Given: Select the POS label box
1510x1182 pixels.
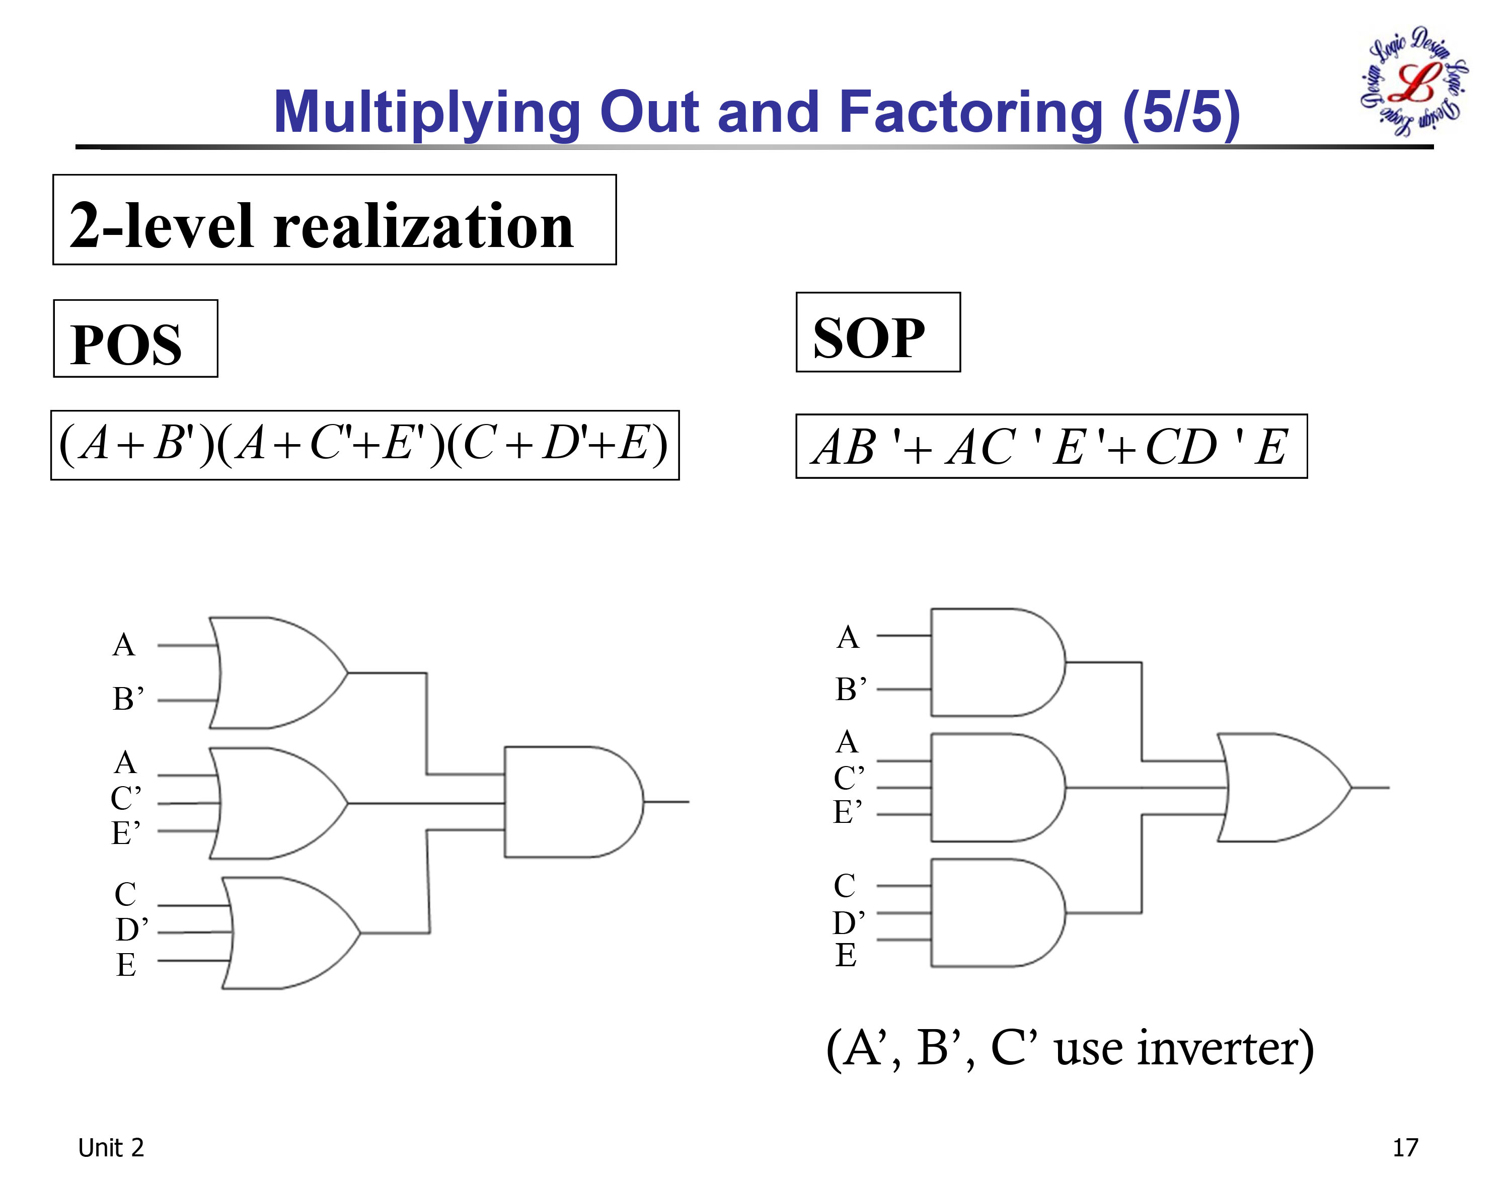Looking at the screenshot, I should click(136, 339).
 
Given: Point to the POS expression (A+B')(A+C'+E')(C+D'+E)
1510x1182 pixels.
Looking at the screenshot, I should click(365, 445).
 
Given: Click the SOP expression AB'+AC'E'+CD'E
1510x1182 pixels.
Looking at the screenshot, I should click(1051, 446).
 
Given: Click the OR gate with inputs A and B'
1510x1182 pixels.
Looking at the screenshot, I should click(273, 672).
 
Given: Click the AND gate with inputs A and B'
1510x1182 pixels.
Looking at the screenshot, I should click(994, 662).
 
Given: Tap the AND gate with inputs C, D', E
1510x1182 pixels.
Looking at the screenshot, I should click(994, 913).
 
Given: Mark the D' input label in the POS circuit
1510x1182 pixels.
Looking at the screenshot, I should click(131, 930).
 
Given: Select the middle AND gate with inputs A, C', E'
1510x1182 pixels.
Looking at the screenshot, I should click(994, 788).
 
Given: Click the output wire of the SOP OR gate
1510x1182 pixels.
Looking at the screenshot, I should click(1371, 788).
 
